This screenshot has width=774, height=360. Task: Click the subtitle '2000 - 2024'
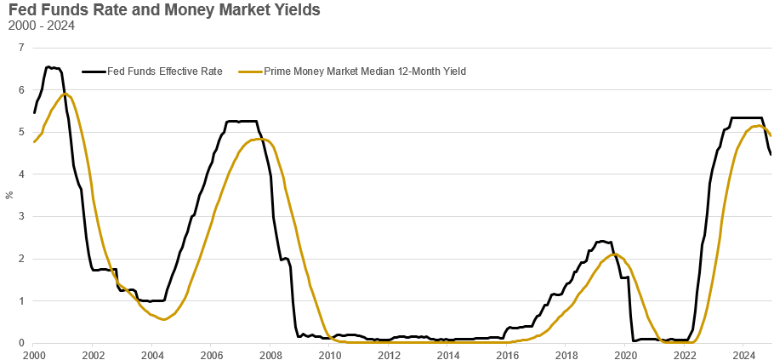click(x=41, y=26)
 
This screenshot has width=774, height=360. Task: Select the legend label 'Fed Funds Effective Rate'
click(x=164, y=71)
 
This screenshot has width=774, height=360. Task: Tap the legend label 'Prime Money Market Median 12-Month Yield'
click(x=365, y=71)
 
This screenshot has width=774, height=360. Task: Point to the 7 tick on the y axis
click(x=20, y=48)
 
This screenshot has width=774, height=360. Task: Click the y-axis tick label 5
click(x=20, y=132)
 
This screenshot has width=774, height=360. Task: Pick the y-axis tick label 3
click(x=20, y=216)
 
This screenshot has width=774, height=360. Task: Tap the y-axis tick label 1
click(x=20, y=300)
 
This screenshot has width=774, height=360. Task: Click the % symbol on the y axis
click(x=9, y=195)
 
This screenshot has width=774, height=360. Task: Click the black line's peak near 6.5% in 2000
click(x=48, y=66)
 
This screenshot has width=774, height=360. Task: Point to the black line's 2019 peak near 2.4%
click(x=602, y=241)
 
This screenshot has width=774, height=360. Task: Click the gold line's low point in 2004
click(x=163, y=319)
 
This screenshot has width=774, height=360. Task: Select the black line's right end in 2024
click(x=771, y=154)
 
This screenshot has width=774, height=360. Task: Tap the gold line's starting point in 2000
click(x=34, y=141)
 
